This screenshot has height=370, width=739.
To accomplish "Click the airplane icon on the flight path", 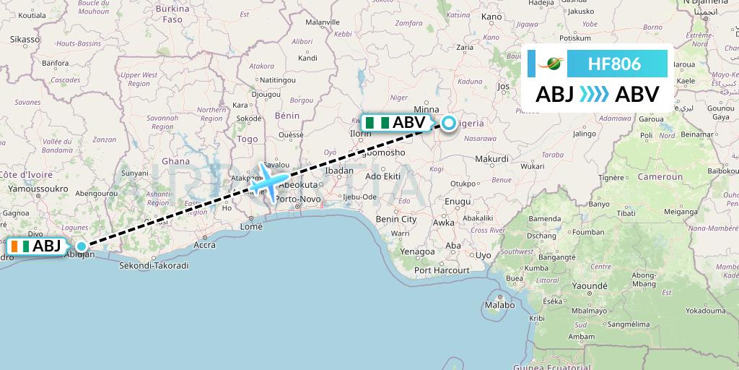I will click(269, 181).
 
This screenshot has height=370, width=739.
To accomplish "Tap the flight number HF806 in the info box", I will click(614, 64).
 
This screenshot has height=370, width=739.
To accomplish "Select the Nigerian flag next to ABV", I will click(376, 123).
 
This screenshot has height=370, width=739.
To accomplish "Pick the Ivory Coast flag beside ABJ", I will click(21, 246).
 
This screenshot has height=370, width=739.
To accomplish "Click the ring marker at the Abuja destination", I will click(449, 124).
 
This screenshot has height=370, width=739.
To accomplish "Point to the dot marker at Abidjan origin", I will click(81, 246).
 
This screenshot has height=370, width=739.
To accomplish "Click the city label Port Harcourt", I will click(442, 270).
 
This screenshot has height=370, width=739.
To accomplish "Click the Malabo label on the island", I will click(500, 305).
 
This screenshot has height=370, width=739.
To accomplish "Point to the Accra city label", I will click(204, 244).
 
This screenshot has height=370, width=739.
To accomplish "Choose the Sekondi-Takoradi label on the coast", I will click(155, 265).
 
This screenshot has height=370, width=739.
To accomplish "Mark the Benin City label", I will click(396, 219).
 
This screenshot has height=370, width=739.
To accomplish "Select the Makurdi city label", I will click(492, 159).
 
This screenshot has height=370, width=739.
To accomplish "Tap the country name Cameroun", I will click(660, 176).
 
